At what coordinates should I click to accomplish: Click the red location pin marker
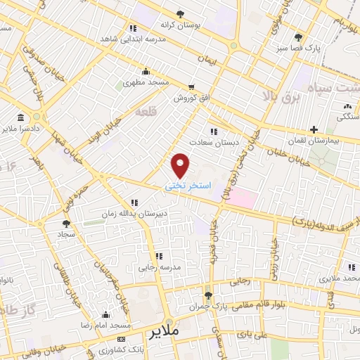(181, 165)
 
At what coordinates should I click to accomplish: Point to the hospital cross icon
(314, 129)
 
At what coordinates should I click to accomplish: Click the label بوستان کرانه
(181, 24)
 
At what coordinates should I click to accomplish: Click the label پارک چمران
(209, 307)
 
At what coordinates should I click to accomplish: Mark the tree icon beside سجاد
(66, 224)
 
